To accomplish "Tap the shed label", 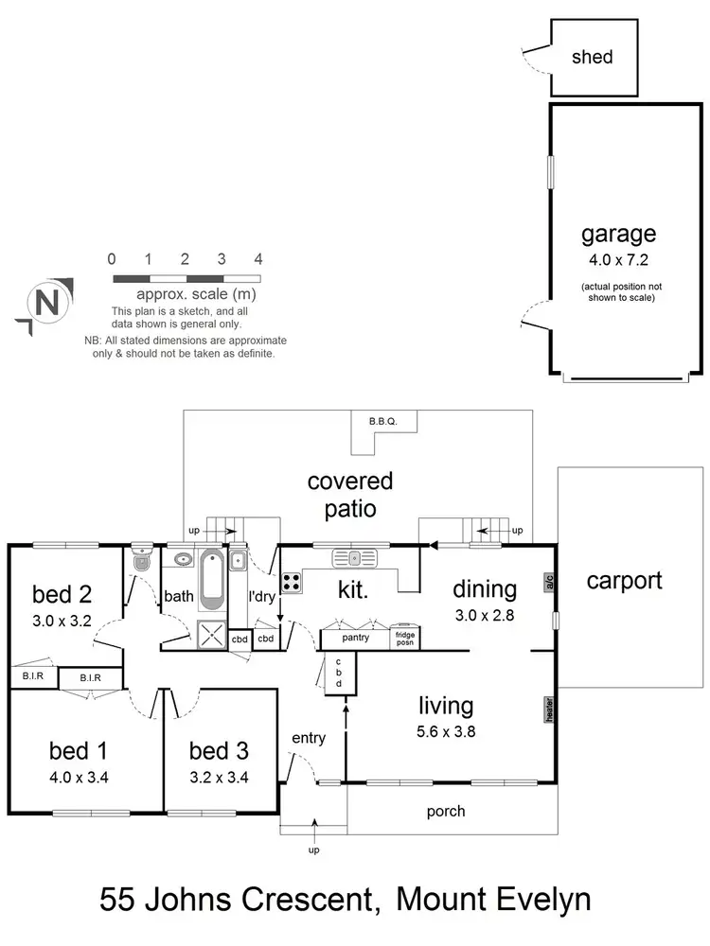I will click(x=592, y=57).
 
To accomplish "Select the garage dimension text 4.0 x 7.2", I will click(x=617, y=259).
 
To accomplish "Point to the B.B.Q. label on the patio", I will click(x=382, y=420).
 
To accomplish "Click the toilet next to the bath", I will click(x=141, y=559).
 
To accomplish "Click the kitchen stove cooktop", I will click(x=291, y=583).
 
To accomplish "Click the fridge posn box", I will click(x=404, y=638).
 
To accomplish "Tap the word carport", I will click(x=624, y=580).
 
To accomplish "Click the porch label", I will click(x=445, y=811).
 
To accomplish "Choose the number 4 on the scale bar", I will click(x=257, y=259).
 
